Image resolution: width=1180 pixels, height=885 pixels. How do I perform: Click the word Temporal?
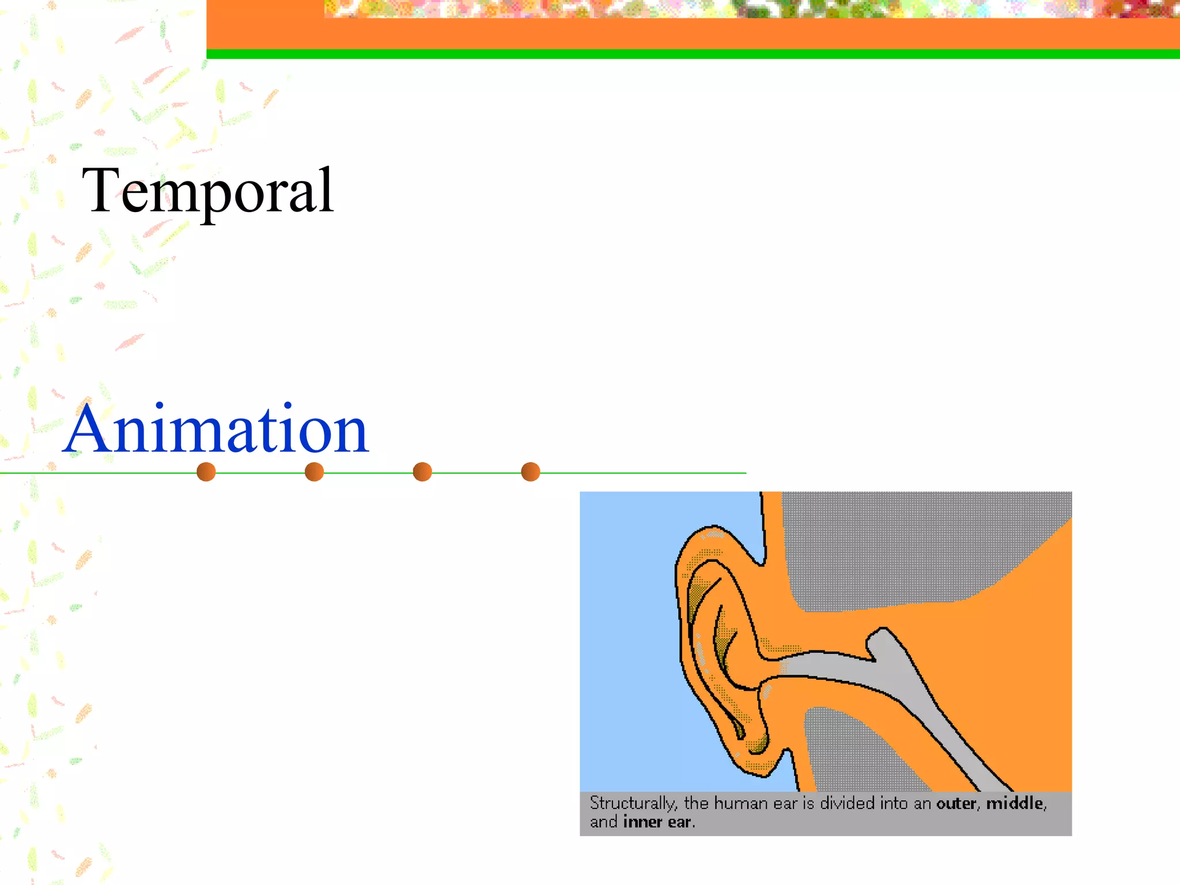[x=207, y=190]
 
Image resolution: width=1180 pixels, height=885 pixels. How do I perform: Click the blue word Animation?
[x=216, y=429]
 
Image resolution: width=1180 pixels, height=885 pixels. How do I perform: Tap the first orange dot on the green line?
[x=206, y=472]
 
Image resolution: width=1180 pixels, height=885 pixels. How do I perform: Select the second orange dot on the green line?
[x=314, y=472]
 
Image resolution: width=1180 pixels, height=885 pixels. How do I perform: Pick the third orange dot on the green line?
[x=422, y=472]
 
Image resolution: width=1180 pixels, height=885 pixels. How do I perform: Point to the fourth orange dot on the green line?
[x=530, y=472]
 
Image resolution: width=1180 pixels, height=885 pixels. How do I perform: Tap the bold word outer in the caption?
[x=956, y=803]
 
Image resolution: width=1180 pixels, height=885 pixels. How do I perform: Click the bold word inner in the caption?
[x=642, y=822]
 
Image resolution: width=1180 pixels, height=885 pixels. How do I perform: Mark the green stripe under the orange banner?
[x=691, y=54]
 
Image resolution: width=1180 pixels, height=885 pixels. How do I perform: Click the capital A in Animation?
[x=86, y=429]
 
